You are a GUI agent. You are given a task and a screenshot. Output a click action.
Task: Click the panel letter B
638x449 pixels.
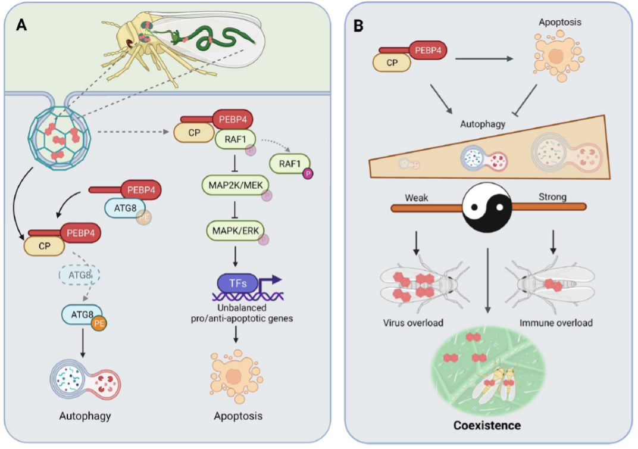(358, 26)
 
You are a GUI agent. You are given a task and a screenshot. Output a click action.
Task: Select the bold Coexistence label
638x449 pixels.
(487, 425)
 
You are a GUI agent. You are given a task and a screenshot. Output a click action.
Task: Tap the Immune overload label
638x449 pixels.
(556, 323)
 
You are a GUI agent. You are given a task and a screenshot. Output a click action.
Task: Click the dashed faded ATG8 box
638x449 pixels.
(79, 275)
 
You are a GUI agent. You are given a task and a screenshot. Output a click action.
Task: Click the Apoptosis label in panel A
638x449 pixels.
(238, 415)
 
